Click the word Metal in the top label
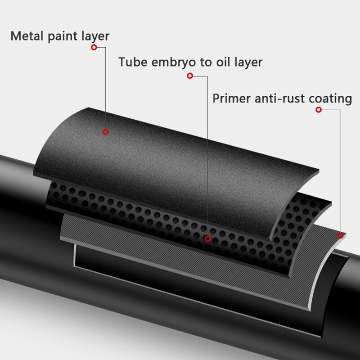pos(27,36)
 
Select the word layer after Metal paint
pos(95,37)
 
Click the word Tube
pos(133,62)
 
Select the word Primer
pos(231,99)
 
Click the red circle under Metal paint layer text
pos(94,47)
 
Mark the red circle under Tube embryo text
pos(190,76)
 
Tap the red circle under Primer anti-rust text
pos(319,110)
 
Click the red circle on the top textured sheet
pos(106,132)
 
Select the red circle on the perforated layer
pos(207,239)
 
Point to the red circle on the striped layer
pos(341,235)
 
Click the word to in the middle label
pos(206,62)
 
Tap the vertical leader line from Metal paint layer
pos(106,88)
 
